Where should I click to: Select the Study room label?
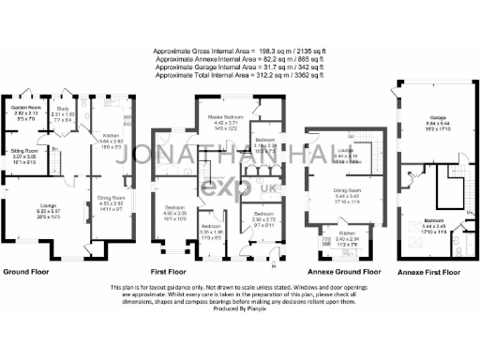(65, 109)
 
